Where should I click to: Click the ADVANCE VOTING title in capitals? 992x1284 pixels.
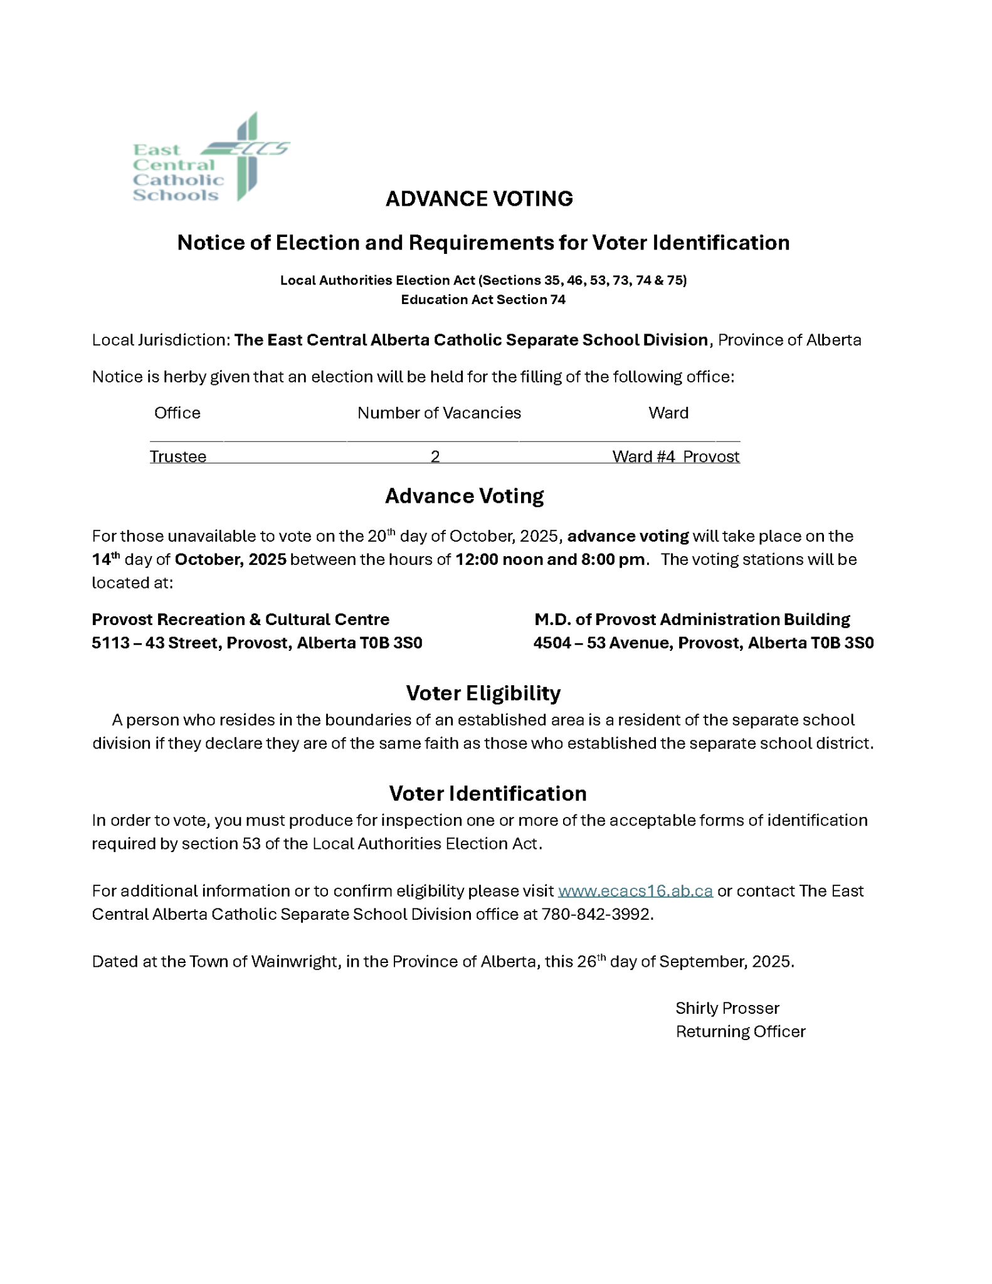pos(479,199)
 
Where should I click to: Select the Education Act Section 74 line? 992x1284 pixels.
pos(483,300)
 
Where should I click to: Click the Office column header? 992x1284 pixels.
pos(177,413)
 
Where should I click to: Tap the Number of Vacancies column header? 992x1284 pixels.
pos(439,413)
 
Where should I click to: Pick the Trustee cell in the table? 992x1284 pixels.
pos(178,456)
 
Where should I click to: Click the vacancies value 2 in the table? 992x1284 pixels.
pos(435,456)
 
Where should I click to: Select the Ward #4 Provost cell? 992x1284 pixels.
pos(675,456)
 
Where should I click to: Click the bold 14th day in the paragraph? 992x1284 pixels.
pos(105,559)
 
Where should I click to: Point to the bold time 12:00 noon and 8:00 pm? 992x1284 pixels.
pos(550,559)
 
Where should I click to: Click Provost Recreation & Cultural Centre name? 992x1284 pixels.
pos(240,619)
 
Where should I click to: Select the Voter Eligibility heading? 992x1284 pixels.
pos(483,693)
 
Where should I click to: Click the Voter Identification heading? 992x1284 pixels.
pos(487,793)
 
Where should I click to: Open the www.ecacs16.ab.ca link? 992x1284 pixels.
pos(635,891)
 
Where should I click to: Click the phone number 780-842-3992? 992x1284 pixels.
pos(596,914)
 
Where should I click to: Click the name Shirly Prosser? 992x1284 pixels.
pos(727,1008)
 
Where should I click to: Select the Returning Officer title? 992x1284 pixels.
pos(740,1031)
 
